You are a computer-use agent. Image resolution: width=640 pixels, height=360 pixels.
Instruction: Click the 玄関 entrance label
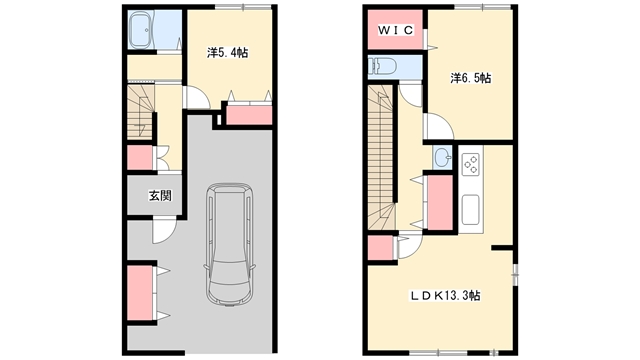[x=160, y=196]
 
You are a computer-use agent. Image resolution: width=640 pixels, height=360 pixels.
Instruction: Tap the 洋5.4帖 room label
[x=227, y=53]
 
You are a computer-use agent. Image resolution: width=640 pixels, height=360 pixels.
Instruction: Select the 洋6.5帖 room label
[x=471, y=78]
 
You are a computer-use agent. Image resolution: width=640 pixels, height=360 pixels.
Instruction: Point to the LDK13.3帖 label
[x=445, y=295]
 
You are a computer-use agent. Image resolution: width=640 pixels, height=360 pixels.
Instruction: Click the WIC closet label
[x=396, y=30]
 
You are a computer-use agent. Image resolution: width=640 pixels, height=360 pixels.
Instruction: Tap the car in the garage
[x=229, y=244]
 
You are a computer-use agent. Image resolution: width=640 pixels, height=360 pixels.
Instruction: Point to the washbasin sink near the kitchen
[x=442, y=157]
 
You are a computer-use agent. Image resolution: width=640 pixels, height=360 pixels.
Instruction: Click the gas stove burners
[x=471, y=164]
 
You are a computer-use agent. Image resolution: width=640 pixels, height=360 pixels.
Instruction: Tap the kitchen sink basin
[x=471, y=209]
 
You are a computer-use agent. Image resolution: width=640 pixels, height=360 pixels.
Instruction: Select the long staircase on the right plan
[x=382, y=157]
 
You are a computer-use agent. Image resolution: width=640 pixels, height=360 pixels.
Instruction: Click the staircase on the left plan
[x=141, y=111]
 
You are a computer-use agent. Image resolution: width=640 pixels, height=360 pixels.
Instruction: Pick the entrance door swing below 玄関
[x=164, y=231]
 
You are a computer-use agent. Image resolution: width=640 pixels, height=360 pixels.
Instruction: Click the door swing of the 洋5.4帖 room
[x=197, y=98]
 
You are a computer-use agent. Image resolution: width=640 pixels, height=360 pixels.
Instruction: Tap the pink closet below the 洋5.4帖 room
[x=249, y=115]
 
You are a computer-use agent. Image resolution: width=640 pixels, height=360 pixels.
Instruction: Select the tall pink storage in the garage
[x=140, y=293]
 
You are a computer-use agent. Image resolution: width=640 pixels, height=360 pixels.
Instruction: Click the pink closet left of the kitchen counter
[x=440, y=202]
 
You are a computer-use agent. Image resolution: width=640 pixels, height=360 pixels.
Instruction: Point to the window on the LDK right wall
[x=515, y=274]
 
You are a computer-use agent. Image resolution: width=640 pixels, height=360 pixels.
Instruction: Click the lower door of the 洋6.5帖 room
[x=439, y=127]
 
